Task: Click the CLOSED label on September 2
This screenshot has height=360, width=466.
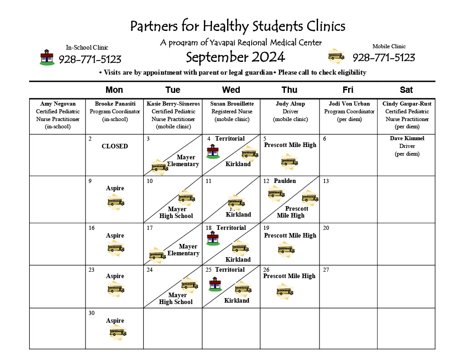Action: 115,147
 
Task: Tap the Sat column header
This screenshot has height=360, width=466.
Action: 406,90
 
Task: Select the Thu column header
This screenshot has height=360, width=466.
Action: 289,90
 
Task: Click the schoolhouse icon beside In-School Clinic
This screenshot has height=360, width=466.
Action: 46,57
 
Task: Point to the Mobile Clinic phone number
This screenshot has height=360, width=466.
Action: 384,58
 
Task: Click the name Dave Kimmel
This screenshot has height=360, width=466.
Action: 407,138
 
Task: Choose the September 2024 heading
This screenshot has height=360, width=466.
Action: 235,57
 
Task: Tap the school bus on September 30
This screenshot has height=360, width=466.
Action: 117,332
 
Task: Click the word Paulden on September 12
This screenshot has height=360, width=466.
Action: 285,181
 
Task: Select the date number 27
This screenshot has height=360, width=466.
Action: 326,270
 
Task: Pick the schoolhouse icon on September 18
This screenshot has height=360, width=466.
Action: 213,238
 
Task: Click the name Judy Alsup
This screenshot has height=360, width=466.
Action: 290,104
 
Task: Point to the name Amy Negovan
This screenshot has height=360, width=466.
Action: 57,104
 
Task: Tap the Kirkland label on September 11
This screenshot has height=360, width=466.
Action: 238,214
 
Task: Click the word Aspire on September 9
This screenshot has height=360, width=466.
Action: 115,188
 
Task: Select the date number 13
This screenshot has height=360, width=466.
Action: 326,181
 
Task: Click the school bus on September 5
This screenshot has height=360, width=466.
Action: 289,161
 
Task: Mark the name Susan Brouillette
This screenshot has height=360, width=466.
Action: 232,104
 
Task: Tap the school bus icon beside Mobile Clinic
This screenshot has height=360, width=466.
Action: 336,56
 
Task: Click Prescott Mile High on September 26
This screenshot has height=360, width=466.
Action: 289,276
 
